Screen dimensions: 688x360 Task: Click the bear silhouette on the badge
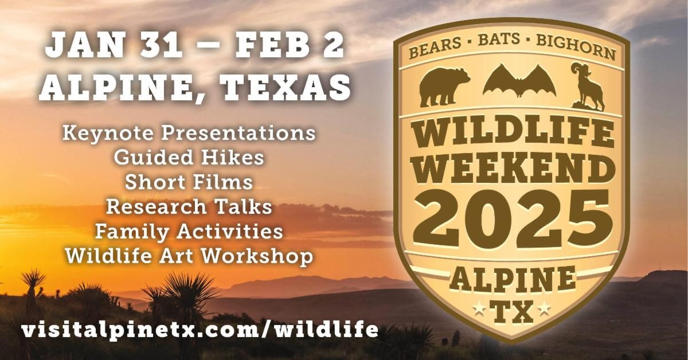tap(444, 88)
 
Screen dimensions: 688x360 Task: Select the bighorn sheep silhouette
tap(587, 87)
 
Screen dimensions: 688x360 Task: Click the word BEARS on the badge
tap(435, 47)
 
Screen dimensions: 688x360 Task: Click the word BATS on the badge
tap(499, 40)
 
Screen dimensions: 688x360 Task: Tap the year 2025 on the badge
tap(513, 219)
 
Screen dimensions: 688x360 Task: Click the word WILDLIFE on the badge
tap(513, 132)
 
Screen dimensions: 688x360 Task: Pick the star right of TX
tap(544, 309)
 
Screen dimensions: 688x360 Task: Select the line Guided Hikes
tap(189, 157)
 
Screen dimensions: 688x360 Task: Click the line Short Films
tap(189, 182)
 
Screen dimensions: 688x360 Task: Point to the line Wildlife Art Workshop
tap(189, 256)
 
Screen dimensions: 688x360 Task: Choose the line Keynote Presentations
tap(189, 134)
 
